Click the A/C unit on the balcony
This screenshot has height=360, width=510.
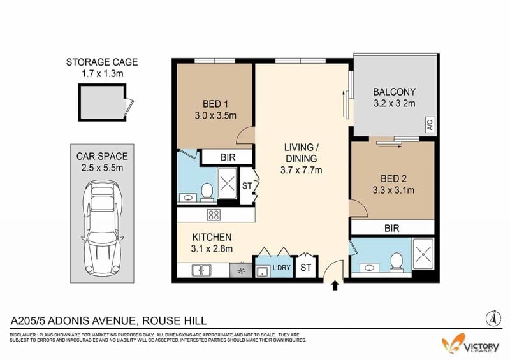(430, 124)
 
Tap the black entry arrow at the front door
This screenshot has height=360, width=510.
(335, 286)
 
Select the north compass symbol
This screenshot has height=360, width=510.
(493, 318)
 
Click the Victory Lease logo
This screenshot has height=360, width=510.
(470, 345)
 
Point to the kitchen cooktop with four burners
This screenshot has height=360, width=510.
(214, 215)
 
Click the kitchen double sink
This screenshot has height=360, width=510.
(201, 270)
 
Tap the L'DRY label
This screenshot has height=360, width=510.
(281, 268)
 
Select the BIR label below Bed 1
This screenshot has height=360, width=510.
(228, 157)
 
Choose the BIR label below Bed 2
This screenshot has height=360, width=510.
(391, 228)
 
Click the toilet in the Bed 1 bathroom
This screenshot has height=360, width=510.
(207, 191)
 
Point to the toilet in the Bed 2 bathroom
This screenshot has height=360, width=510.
(396, 262)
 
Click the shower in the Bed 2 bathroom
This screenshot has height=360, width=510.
(423, 254)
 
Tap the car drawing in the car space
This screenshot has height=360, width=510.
(102, 227)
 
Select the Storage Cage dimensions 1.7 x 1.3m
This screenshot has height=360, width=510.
(103, 73)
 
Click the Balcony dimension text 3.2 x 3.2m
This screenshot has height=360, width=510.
(394, 103)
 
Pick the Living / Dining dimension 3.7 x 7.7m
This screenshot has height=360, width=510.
(301, 170)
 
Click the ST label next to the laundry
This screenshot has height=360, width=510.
(305, 268)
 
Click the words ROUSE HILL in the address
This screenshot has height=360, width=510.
(174, 321)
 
